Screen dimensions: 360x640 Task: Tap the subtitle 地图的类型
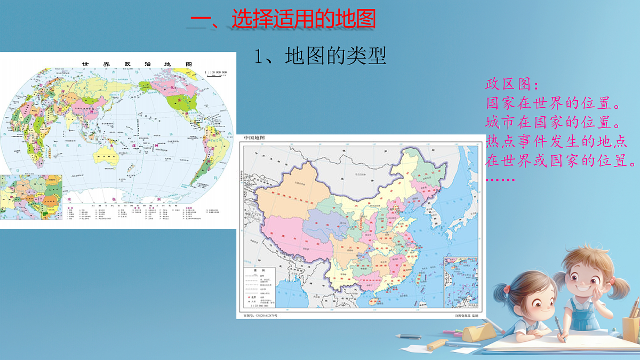point(319,56)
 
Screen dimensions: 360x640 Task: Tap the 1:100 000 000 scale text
point(216,71)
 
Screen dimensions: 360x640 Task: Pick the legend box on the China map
point(260,288)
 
